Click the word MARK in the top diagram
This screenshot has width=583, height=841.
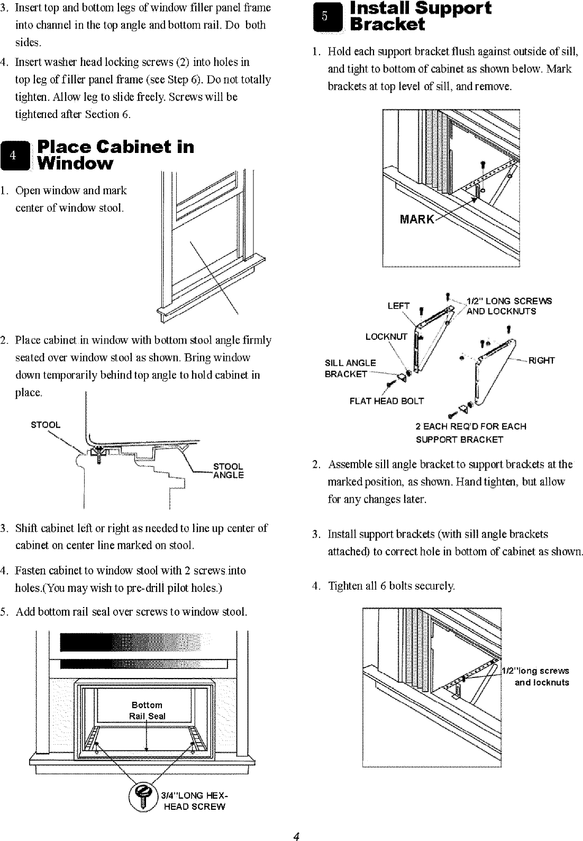pyautogui.click(x=417, y=219)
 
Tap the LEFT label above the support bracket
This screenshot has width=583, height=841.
pyautogui.click(x=398, y=306)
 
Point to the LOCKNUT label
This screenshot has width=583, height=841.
pyautogui.click(x=387, y=337)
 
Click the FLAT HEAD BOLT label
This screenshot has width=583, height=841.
pyautogui.click(x=387, y=401)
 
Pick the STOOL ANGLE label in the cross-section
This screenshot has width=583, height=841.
pyautogui.click(x=228, y=471)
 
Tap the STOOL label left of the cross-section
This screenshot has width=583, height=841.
pyautogui.click(x=45, y=425)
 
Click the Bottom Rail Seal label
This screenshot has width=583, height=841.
pyautogui.click(x=147, y=710)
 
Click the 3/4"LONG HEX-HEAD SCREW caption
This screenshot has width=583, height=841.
pyautogui.click(x=194, y=801)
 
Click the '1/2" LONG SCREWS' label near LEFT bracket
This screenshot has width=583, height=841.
pyautogui.click(x=508, y=301)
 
